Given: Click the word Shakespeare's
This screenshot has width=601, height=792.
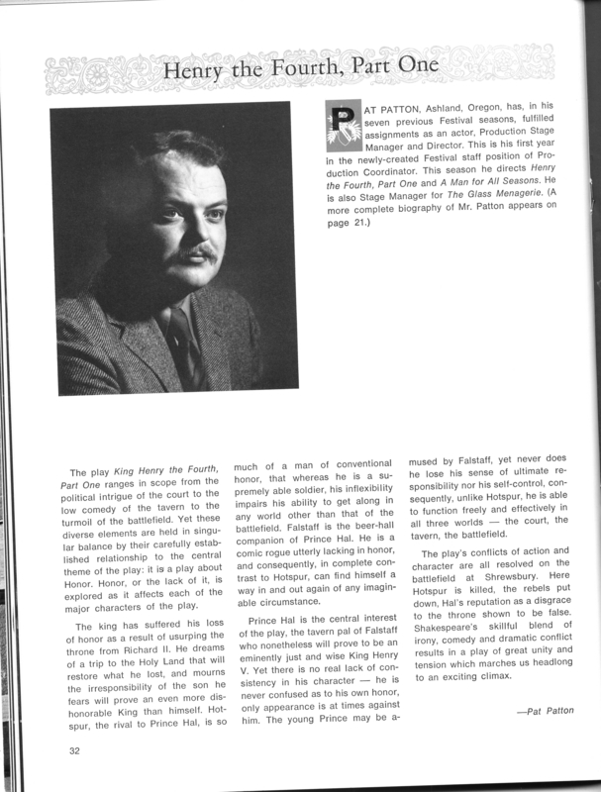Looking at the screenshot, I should point(452,637).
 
